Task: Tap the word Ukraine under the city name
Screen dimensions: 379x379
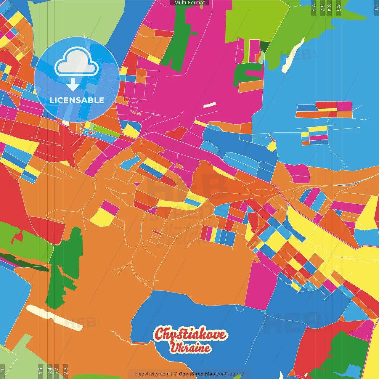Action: coord(190,348)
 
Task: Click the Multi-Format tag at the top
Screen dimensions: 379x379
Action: coord(189,3)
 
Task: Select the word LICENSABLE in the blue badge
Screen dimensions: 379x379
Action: coord(77,100)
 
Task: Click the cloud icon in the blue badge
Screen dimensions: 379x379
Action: coord(77,63)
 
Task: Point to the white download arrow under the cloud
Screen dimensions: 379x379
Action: coord(73,85)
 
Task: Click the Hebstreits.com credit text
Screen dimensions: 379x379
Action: coord(152,374)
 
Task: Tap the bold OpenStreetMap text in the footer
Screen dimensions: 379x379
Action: coord(197,374)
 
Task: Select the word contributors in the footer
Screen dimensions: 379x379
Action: coord(230,374)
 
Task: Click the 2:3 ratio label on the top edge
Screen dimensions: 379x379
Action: coord(313,8)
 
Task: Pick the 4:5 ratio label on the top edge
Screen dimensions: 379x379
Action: coord(339,8)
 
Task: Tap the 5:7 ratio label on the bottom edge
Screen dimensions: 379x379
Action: coord(57,371)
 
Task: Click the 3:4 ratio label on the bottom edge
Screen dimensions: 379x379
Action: coord(50,371)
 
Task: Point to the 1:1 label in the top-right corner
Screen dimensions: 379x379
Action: coord(376,8)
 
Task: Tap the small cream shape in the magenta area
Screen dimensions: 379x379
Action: coord(209,105)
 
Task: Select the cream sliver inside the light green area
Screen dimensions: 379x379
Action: coord(293,56)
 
